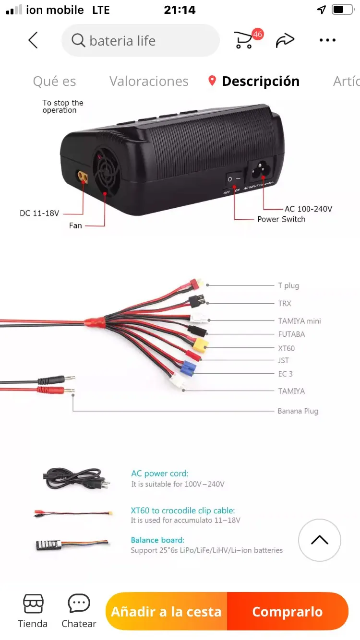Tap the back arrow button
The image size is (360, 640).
tap(33, 40)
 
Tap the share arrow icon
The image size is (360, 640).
tap(285, 41)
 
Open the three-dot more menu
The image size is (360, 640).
tap(327, 40)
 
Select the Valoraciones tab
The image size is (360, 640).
tap(149, 82)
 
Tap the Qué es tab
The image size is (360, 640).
tap(54, 82)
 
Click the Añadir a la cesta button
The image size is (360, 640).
tap(166, 612)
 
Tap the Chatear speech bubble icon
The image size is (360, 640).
tap(79, 604)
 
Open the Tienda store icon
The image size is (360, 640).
tap(33, 604)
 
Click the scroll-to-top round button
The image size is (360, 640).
tap(319, 540)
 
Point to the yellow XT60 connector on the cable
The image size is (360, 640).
tap(201, 344)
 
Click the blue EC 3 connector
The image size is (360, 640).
tap(188, 368)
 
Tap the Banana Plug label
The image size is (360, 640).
tap(298, 411)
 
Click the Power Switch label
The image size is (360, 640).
tap(281, 219)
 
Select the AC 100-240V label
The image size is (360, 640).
tap(308, 209)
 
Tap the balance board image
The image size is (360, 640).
tap(72, 544)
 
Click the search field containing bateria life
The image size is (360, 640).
tap(140, 41)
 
